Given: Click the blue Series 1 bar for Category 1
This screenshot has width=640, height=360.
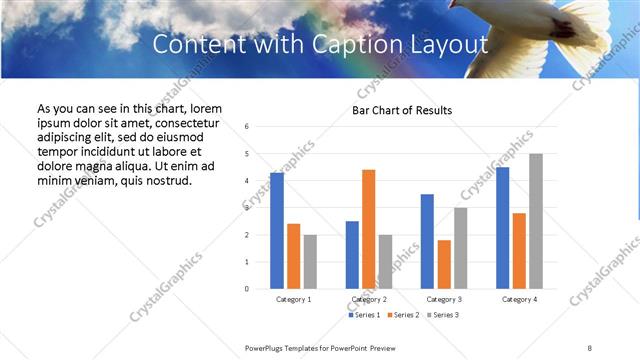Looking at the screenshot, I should point(276,231).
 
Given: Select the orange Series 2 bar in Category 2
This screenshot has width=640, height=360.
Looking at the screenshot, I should point(368,229).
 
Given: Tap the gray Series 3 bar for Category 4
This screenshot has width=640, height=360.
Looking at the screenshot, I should point(536,221).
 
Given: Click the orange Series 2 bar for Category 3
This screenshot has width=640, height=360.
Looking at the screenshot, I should point(444,264).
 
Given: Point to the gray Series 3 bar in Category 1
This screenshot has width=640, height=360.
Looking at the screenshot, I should point(310,261).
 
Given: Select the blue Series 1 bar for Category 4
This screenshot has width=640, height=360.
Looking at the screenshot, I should point(502,228).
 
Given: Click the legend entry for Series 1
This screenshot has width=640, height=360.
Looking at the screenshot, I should point(363,315).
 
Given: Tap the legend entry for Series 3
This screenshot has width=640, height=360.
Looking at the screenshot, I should point(443,315).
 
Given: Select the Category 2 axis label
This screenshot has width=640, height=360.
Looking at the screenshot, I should point(369,299).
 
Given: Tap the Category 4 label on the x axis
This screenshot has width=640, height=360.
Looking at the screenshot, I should point(519,299).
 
